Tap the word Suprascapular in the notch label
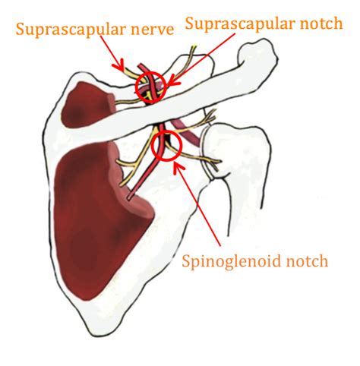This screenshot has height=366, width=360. point(240,24)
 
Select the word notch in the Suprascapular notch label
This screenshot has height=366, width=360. point(321,24)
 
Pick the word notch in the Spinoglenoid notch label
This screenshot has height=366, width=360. point(307,260)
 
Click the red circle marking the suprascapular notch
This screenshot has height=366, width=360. point(135,87)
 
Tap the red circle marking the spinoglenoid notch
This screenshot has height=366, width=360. point(152,146)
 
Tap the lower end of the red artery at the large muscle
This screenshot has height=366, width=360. point(130,198)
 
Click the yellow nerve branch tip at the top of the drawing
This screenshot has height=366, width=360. point(194,46)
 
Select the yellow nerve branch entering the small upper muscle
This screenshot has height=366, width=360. point(128,102)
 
